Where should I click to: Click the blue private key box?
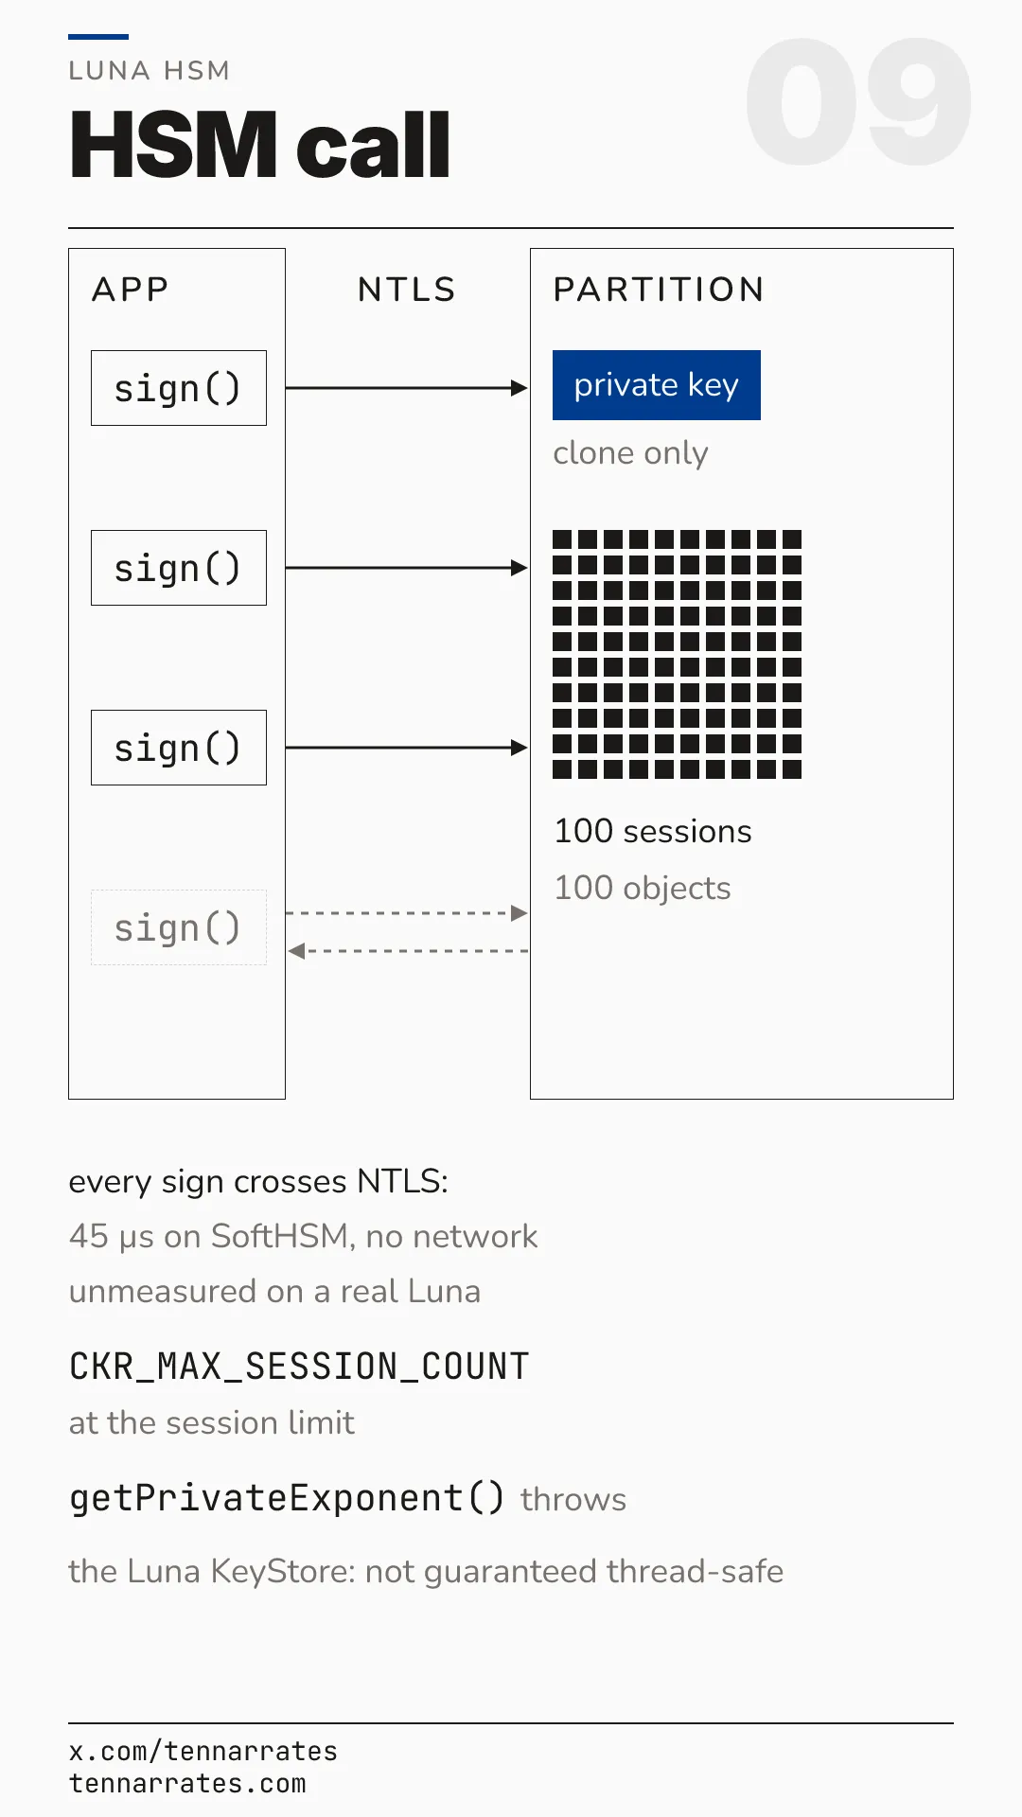(x=657, y=385)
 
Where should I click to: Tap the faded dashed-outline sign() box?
(x=179, y=927)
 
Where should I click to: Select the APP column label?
(x=131, y=290)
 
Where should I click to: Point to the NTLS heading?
(x=407, y=290)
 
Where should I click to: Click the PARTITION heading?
(x=659, y=290)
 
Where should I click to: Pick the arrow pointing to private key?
(x=407, y=388)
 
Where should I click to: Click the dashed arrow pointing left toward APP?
(x=408, y=951)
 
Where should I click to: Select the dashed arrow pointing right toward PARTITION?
(x=407, y=913)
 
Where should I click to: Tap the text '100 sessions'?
(x=653, y=831)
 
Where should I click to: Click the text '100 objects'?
(x=643, y=889)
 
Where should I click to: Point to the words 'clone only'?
(x=630, y=454)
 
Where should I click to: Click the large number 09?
(x=858, y=102)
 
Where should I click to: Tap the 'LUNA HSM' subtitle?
(x=150, y=71)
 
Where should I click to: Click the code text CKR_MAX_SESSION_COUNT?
(x=299, y=1367)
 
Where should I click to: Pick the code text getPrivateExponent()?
(x=287, y=1498)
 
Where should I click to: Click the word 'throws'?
(x=573, y=1500)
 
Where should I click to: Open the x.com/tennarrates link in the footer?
(x=203, y=1752)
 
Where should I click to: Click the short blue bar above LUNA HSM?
(x=98, y=37)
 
